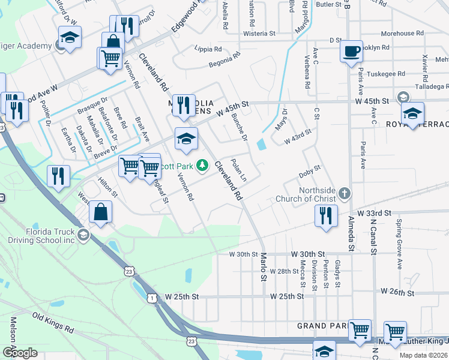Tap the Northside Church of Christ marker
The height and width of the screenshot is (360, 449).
click(x=343, y=193)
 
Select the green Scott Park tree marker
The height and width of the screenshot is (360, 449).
click(x=203, y=164)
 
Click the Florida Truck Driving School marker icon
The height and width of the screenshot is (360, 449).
click(x=83, y=235)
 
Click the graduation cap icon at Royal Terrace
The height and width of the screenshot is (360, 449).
click(x=412, y=113)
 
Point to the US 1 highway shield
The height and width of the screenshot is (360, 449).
click(x=153, y=298)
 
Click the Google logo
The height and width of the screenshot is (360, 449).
click(x=20, y=352)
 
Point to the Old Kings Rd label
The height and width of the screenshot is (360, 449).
click(x=53, y=323)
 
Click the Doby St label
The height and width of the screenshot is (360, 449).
click(x=310, y=173)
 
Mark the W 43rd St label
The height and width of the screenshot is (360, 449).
click(x=298, y=136)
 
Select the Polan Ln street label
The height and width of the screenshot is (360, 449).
click(x=239, y=170)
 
